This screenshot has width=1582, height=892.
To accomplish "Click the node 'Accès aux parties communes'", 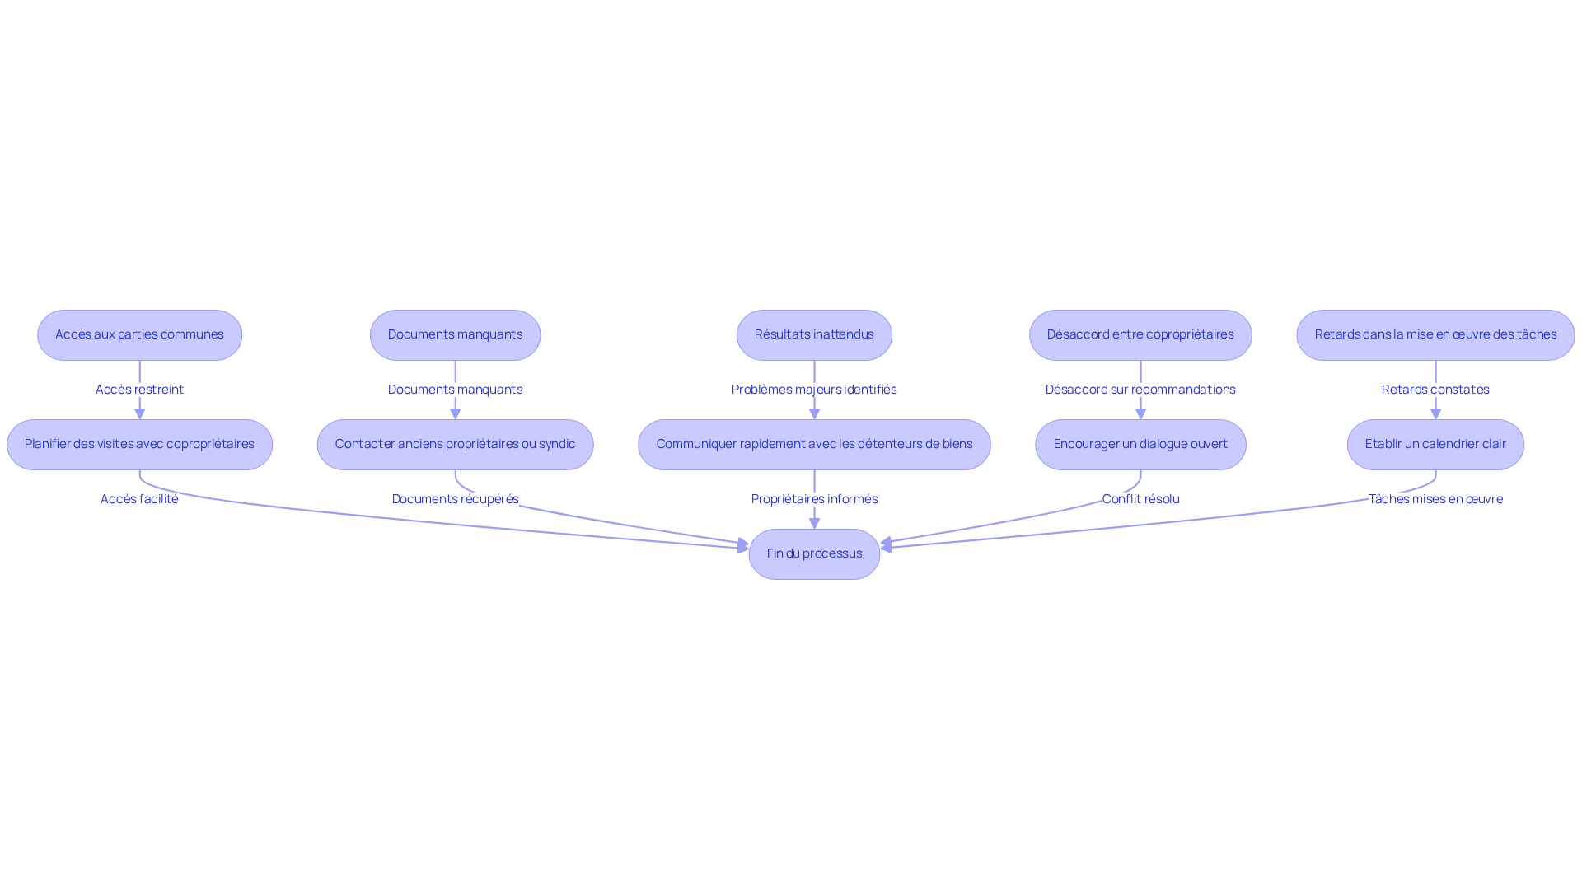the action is (x=139, y=335).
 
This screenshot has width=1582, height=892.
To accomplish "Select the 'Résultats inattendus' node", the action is (x=814, y=335).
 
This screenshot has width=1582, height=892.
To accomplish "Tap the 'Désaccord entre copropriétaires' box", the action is (x=1140, y=335).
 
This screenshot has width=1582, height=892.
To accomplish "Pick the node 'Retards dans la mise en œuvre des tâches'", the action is (x=1435, y=335).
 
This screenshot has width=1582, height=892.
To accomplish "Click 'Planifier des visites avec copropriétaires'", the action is (x=139, y=445).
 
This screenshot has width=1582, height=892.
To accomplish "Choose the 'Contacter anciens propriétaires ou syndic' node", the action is (x=455, y=445).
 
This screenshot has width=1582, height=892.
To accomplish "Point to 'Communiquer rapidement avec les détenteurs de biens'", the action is (x=814, y=445).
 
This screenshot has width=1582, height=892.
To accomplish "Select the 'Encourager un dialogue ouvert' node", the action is (x=1140, y=445).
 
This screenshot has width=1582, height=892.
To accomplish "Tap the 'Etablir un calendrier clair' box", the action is (x=1435, y=445).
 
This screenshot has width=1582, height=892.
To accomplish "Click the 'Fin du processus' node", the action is (x=814, y=554).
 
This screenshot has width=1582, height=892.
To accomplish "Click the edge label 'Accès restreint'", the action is (x=139, y=390).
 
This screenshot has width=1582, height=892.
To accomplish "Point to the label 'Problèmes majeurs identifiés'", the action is (x=814, y=390).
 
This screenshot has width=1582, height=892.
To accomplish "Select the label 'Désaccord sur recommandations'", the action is (x=1140, y=390).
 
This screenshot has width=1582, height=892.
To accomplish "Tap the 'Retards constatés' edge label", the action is (x=1435, y=390).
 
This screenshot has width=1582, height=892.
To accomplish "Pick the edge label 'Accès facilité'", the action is (x=139, y=499).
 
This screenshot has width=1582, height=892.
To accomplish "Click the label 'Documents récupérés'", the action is (x=455, y=499).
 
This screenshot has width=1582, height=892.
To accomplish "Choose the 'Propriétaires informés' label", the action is (x=814, y=499).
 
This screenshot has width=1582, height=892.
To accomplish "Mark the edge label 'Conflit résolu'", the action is (x=1140, y=499).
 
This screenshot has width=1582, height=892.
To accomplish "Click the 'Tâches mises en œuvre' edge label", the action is (x=1435, y=499).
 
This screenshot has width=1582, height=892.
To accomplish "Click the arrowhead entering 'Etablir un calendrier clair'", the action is (x=1435, y=413).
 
